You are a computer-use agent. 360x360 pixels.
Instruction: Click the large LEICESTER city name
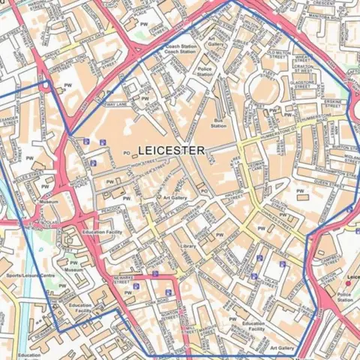click(x=171, y=151)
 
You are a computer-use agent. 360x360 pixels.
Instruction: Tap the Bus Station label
click(x=219, y=123)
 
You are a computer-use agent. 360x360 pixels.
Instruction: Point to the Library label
click(x=188, y=246)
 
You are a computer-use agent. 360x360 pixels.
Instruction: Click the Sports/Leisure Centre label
click(x=30, y=276)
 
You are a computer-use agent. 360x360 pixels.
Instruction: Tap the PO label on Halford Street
click(x=204, y=191)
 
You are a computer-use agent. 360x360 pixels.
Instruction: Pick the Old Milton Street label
click(x=278, y=55)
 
